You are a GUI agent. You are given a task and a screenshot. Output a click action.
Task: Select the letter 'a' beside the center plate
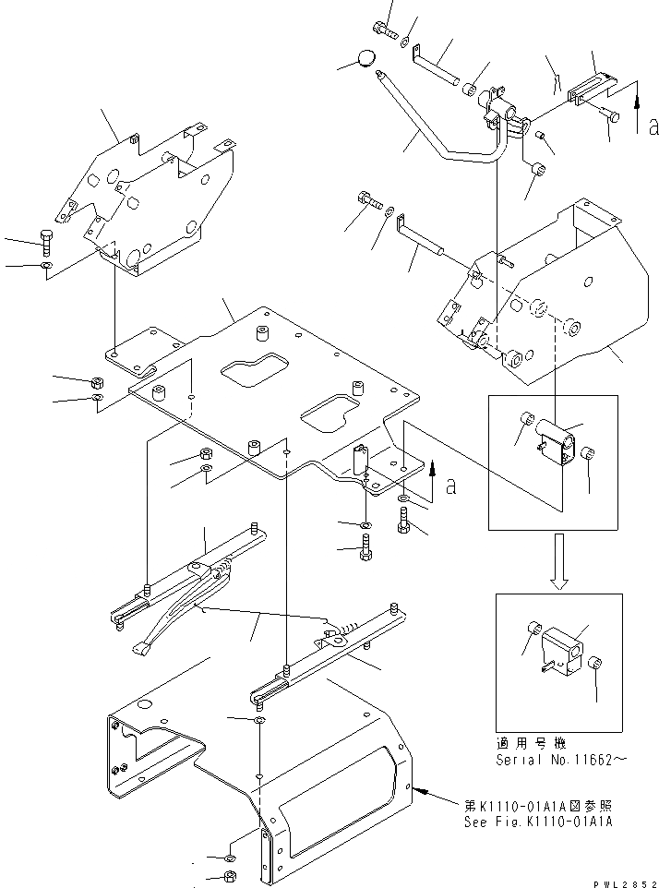click(450, 486)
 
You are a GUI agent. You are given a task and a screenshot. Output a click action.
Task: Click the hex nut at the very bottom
click(230, 877)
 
